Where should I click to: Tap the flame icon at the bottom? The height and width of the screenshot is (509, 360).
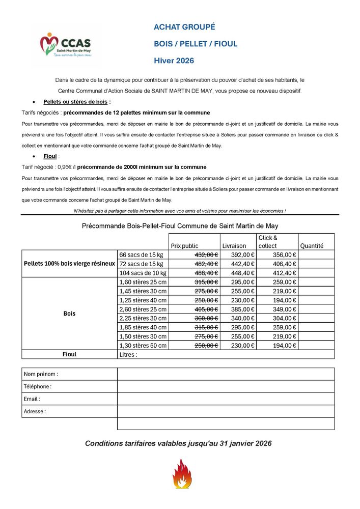[182, 474]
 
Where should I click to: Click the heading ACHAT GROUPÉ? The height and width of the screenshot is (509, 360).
[184, 27]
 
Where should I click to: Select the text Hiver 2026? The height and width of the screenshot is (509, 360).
[174, 61]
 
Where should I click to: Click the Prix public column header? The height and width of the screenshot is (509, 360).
[185, 246]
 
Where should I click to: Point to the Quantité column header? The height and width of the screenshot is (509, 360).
[312, 246]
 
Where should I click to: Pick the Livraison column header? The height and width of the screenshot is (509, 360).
[234, 246]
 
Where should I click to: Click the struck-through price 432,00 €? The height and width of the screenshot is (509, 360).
[206, 254]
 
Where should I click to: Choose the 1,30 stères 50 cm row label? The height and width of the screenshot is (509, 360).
[143, 346]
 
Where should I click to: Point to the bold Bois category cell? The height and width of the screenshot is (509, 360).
[69, 314]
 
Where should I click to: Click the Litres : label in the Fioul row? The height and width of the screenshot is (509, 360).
[128, 354]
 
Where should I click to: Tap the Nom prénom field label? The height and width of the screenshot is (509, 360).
[41, 374]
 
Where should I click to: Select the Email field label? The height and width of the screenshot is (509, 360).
[32, 399]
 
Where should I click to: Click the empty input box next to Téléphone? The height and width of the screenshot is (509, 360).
[226, 386]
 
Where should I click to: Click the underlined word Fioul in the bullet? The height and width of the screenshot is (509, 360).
[50, 156]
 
